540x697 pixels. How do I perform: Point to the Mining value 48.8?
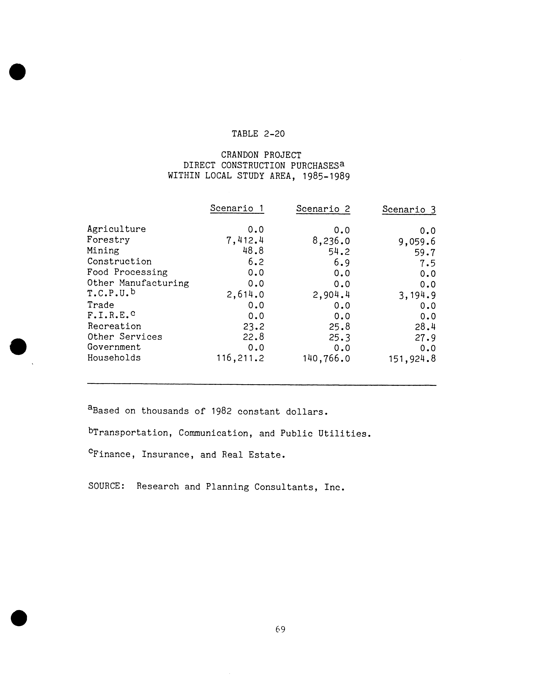point(253,251)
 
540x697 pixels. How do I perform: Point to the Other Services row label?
point(125,337)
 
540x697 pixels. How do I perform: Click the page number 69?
point(280,629)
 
